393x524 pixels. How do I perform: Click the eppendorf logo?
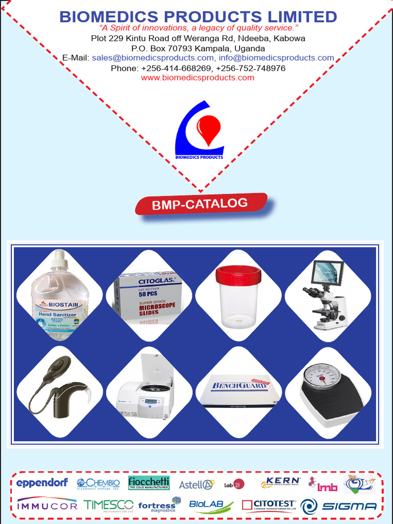[x=42, y=483]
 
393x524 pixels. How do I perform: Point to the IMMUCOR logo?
[x=47, y=506]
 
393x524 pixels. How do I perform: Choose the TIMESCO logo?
[x=108, y=506]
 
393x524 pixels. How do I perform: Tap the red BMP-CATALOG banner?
[x=201, y=204]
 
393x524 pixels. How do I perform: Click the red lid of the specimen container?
[x=238, y=275]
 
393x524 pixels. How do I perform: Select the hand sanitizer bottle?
[x=60, y=297]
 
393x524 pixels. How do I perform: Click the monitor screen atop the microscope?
[x=327, y=272]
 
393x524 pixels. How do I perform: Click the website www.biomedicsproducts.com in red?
[x=198, y=78]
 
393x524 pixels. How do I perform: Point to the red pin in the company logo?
[x=208, y=129]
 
